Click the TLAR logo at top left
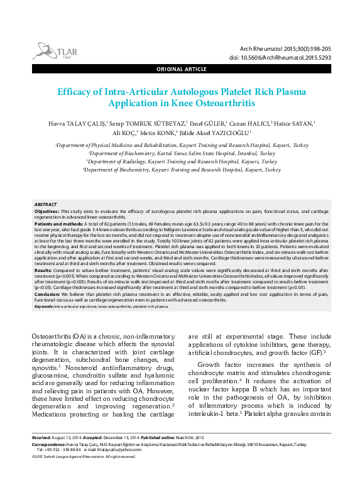[52, 50]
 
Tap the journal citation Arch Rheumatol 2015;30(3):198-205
[290, 48]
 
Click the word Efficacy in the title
[76, 91]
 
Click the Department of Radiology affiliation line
[181, 161]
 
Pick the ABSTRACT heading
[45, 205]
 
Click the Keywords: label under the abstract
[43, 306]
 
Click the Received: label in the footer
[42, 437]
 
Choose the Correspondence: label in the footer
[50, 444]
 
